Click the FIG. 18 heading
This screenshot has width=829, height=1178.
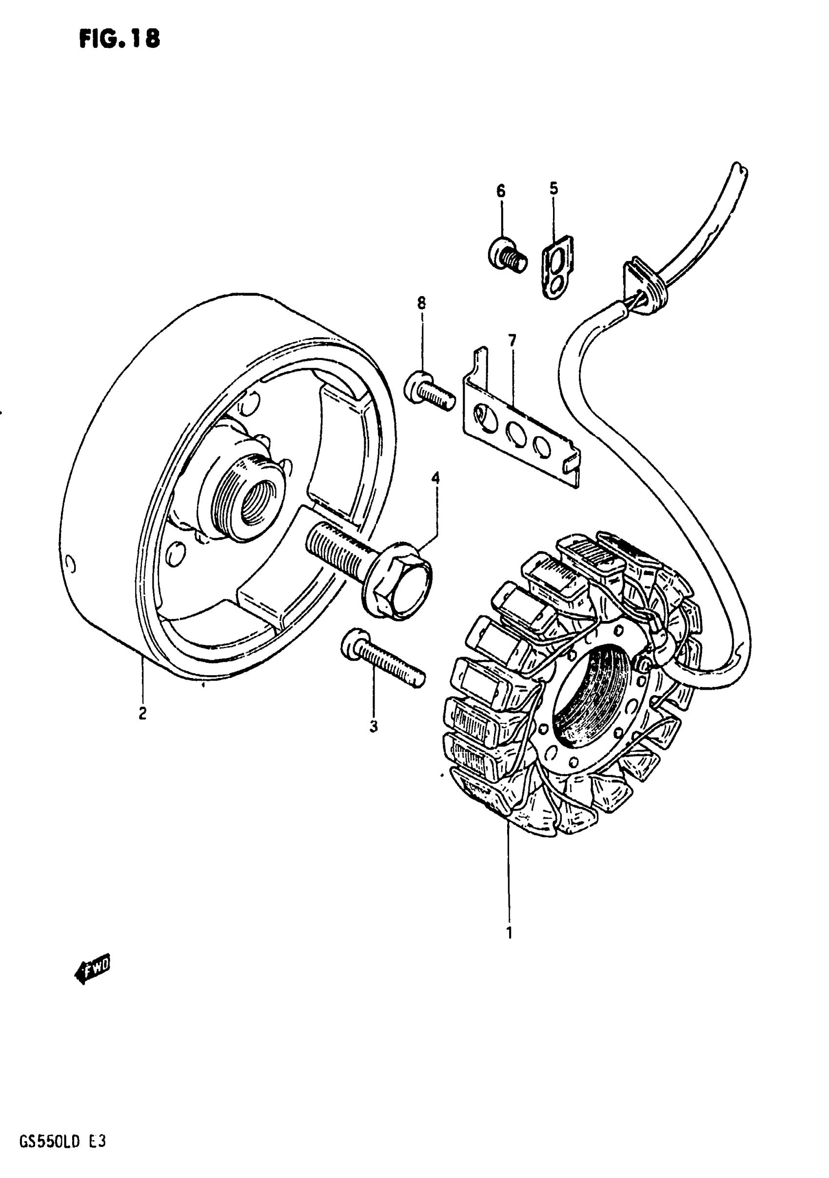[x=119, y=38]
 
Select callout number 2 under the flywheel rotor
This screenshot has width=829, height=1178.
[x=142, y=713]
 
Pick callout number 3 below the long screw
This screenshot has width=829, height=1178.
[x=374, y=726]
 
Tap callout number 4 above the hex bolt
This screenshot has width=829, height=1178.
[x=435, y=478]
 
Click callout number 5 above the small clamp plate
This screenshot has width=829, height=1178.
[x=553, y=188]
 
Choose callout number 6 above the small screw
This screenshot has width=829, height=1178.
[x=501, y=191]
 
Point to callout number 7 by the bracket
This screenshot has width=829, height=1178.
[x=512, y=339]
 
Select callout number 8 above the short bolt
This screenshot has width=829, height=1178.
[x=421, y=303]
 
